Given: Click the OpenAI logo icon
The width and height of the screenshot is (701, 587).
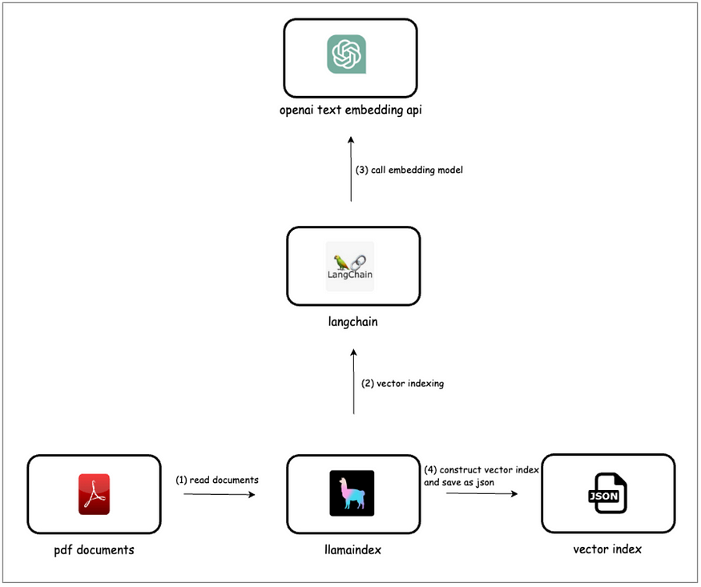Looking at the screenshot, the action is coord(346,54).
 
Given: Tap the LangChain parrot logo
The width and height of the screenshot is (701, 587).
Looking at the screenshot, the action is coord(350,266).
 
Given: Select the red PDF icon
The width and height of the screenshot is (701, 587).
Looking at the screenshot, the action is coord(94,494).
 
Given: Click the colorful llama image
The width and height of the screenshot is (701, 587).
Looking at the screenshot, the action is coord(352,493).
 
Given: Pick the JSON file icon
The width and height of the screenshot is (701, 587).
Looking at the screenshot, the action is coord(607,493).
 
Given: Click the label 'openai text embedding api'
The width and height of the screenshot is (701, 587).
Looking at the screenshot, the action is coord(351,110).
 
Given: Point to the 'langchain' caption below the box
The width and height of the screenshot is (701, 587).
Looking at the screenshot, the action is coord(353,322).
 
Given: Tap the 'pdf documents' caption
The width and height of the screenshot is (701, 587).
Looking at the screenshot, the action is coord(94,549).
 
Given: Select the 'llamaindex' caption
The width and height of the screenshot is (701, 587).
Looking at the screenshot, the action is coord(353,549).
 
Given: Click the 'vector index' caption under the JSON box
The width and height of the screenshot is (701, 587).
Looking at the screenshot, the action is coord(607,549).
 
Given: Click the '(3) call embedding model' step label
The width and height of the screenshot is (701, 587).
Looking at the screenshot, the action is coord(409,171).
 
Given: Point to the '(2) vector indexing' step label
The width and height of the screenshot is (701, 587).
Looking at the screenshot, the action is coord(402,384).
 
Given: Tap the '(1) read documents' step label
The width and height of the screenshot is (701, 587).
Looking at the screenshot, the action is coord(217,480).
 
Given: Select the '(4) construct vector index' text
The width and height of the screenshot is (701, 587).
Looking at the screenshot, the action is coord(481,470).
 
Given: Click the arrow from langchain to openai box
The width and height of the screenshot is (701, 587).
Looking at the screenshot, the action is coord(351,169).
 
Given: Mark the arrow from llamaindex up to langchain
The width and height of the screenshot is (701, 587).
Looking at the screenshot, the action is coord(353,381).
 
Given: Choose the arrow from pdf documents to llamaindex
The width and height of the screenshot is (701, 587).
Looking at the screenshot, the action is coord(219,494).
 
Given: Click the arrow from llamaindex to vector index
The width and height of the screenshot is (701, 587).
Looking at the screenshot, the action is coord(482,493).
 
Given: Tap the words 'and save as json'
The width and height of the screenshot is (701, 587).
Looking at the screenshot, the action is coord(459,482).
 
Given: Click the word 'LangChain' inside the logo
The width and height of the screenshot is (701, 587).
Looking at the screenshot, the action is coord(350,275).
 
